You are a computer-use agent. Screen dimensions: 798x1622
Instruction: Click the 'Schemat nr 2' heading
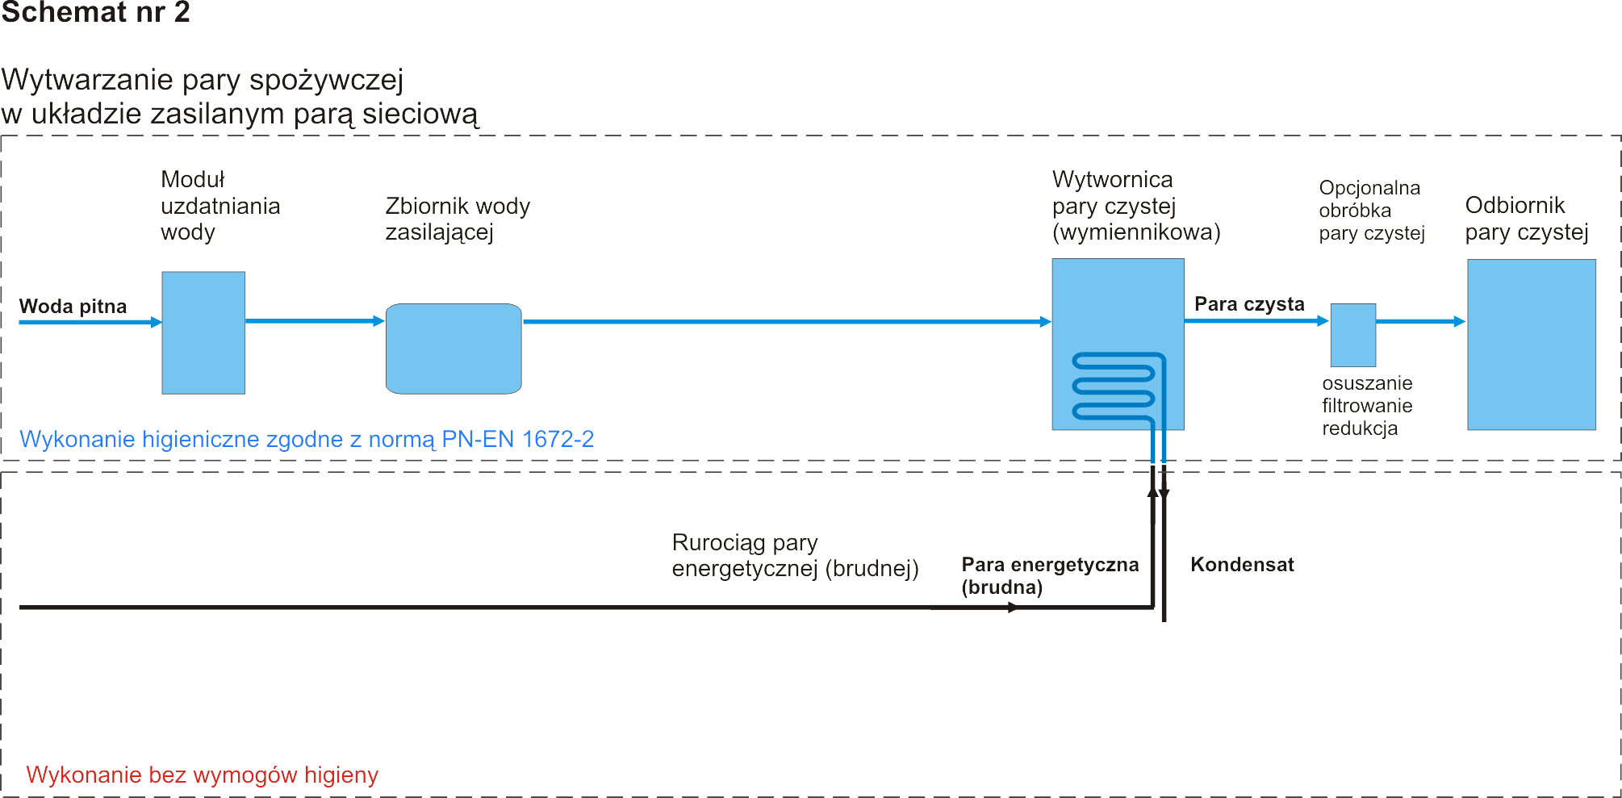(x=95, y=12)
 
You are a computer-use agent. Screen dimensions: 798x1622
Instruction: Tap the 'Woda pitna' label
(x=73, y=307)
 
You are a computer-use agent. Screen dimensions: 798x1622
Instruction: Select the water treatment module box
(x=203, y=332)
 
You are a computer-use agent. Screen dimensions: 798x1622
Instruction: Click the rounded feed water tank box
(x=454, y=349)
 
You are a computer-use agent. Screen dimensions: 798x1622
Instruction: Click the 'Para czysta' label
(x=1249, y=304)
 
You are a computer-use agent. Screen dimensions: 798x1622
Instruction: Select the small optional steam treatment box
(x=1352, y=335)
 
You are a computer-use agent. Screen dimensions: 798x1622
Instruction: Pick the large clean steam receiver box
(x=1531, y=345)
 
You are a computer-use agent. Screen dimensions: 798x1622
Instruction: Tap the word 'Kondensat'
(x=1242, y=565)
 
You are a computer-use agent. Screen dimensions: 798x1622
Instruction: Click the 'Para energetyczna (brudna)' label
(x=1049, y=575)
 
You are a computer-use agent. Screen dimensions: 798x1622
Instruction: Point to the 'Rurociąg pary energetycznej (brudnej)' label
(x=795, y=555)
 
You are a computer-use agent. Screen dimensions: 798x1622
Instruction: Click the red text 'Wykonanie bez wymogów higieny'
(x=202, y=775)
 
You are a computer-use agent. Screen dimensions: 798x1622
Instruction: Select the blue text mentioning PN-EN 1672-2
(x=307, y=439)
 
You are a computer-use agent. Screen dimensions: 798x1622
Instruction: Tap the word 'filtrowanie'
(x=1367, y=406)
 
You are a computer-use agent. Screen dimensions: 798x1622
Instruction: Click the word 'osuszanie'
(x=1367, y=383)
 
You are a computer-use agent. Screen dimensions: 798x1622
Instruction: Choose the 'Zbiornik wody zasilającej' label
(x=458, y=219)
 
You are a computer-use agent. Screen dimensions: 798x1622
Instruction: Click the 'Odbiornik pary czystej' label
(x=1526, y=219)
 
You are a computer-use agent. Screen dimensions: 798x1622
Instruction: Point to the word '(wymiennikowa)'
(x=1136, y=232)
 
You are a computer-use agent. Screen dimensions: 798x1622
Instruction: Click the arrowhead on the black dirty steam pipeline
(x=1014, y=608)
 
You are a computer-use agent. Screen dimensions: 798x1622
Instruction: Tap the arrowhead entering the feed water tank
(x=378, y=321)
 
